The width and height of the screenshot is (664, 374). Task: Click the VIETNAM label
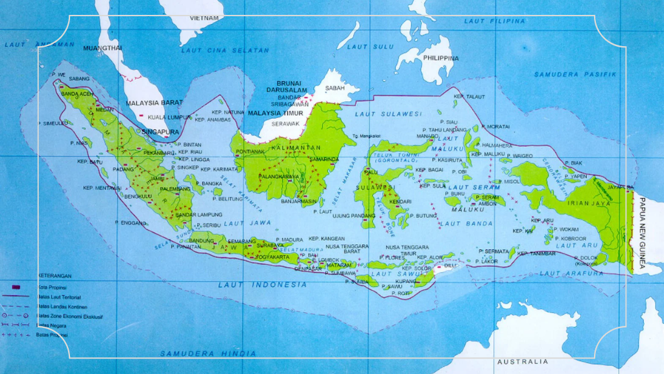pyautogui.click(x=204, y=18)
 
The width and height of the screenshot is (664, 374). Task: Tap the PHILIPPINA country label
pyautogui.click(x=441, y=58)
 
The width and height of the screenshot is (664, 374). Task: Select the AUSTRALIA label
pyautogui.click(x=522, y=361)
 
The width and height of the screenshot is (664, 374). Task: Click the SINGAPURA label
pyautogui.click(x=160, y=131)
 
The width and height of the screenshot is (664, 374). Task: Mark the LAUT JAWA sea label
pyautogui.click(x=249, y=223)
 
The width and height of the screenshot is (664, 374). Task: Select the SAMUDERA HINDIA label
pyautogui.click(x=208, y=353)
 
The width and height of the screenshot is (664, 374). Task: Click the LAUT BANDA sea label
pyautogui.click(x=461, y=224)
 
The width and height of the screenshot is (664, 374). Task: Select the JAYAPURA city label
pyautogui.click(x=620, y=186)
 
